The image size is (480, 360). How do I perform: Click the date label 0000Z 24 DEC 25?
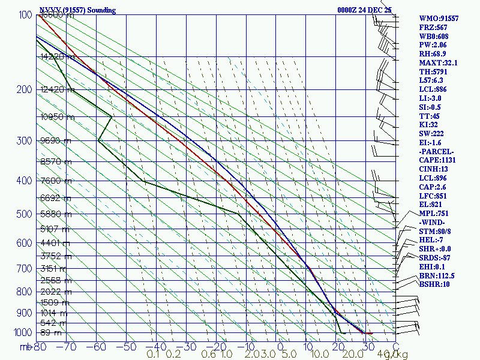pos(364,10)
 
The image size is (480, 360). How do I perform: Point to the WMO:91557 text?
pos(439,19)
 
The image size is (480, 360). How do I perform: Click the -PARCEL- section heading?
pos(437,151)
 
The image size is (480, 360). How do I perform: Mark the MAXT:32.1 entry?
pos(439,62)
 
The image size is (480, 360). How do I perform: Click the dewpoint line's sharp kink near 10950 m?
pos(112,116)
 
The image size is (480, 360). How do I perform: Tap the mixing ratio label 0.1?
pos(153,354)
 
